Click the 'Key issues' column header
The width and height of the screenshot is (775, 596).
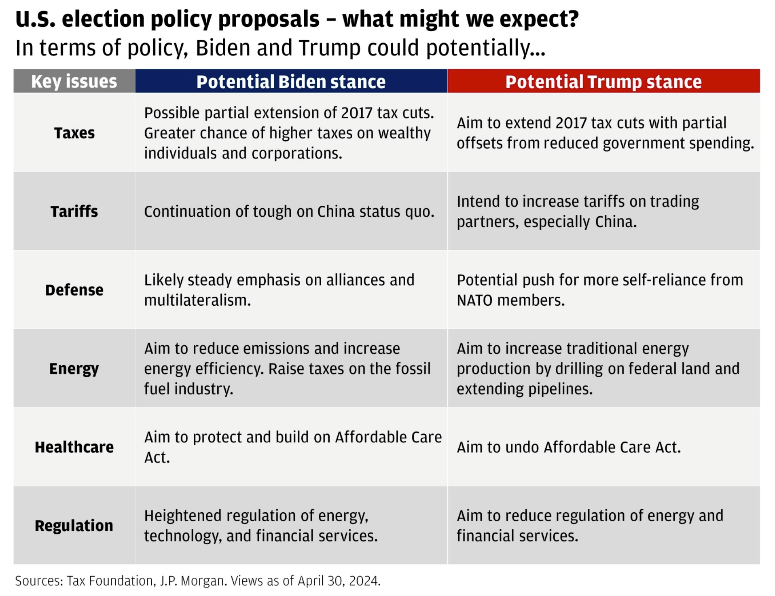(74, 81)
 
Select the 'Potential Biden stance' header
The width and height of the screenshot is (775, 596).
(291, 81)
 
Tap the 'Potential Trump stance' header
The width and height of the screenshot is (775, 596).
(603, 81)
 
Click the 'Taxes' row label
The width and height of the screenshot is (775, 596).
(74, 133)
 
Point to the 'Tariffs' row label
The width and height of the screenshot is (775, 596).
(74, 211)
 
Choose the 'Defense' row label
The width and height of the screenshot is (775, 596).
(74, 290)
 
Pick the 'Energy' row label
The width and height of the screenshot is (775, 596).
(74, 369)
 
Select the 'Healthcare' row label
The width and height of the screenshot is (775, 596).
(74, 447)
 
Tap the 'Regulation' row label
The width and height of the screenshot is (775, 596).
(74, 526)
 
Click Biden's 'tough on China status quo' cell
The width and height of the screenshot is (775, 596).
(289, 211)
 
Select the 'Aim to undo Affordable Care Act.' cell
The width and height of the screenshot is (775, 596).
(569, 447)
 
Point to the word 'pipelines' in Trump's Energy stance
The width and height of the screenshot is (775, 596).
(560, 389)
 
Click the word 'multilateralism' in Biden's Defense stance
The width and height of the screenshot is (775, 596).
(197, 300)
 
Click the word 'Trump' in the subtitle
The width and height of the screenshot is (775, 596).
(329, 48)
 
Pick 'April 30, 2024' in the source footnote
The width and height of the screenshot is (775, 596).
(339, 581)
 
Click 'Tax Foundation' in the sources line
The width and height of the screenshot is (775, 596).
(110, 581)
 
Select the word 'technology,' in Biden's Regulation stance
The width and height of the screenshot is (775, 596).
(183, 536)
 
